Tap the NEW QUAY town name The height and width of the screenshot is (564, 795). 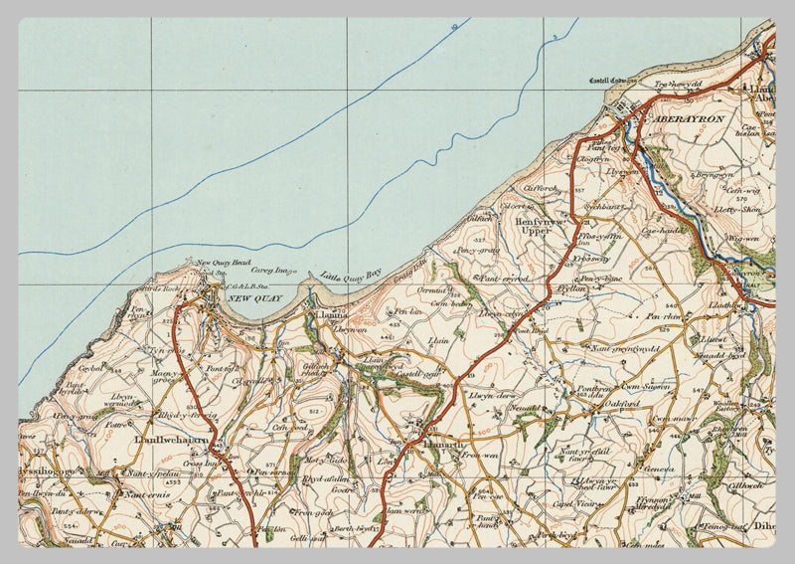tap(255, 297)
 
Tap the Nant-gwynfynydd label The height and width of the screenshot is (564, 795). tap(626, 349)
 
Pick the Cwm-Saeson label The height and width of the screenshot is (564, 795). tap(643, 386)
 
